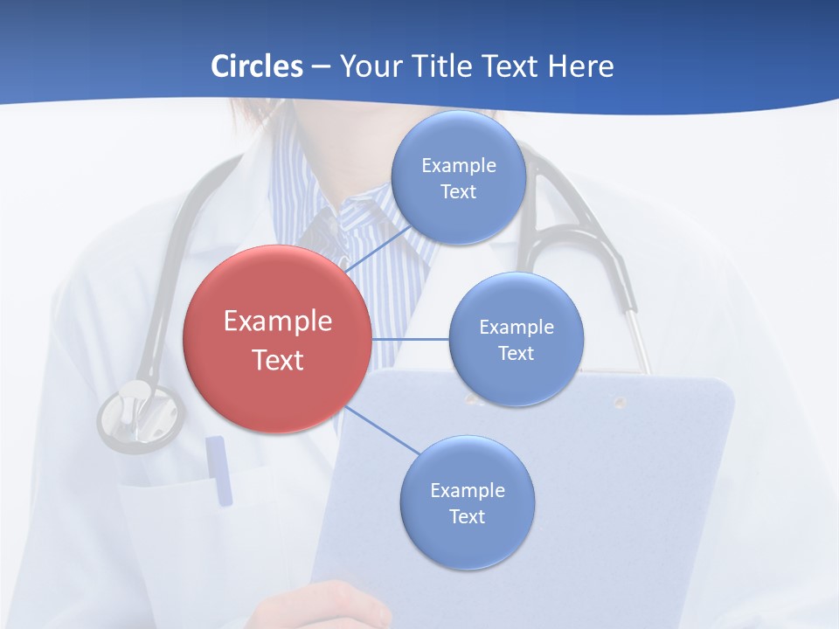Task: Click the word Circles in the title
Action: (257, 66)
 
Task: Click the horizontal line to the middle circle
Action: (410, 339)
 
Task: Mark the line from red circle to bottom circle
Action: (383, 432)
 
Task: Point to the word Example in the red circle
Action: (278, 321)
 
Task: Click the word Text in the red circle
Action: (278, 360)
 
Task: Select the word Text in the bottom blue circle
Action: (468, 516)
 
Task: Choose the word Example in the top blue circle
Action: (459, 165)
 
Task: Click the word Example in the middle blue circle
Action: (517, 327)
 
